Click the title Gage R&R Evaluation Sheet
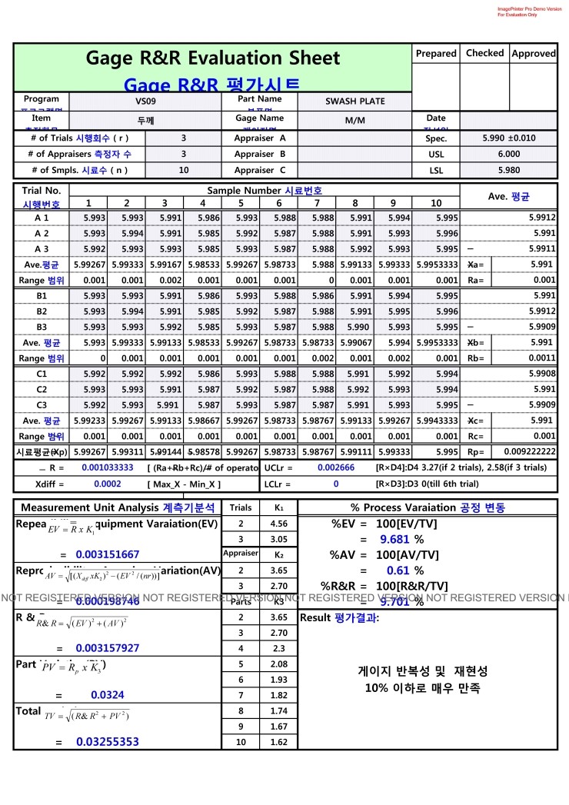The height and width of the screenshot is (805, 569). (212, 58)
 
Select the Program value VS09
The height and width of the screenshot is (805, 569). (145, 101)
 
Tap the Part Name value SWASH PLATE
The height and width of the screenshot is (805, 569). (354, 101)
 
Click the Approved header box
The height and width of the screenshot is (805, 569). (533, 54)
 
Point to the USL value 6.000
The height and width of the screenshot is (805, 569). (508, 154)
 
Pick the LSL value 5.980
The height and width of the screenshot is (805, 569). (508, 170)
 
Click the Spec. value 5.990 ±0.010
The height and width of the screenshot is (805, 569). (508, 138)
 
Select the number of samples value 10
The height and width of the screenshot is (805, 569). (183, 170)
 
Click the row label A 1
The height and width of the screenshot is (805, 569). (42, 218)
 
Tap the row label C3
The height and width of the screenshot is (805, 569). (42, 405)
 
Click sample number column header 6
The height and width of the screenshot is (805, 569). (278, 203)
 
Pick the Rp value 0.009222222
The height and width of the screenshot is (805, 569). (529, 452)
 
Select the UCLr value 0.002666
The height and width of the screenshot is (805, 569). (336, 467)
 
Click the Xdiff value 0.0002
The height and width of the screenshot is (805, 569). (108, 484)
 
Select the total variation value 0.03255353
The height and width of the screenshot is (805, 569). (108, 742)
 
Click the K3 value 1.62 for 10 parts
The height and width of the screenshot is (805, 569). (278, 742)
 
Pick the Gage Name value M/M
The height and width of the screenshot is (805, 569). (354, 121)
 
